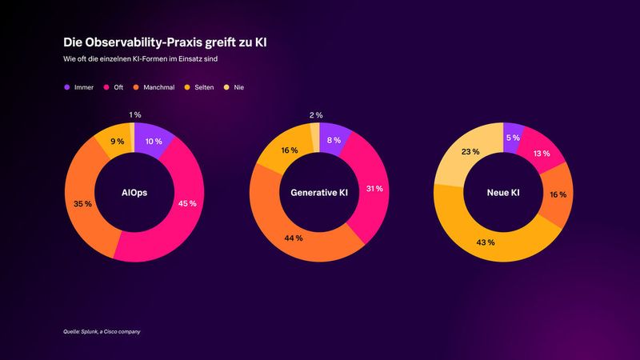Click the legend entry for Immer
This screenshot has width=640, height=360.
tap(78, 86)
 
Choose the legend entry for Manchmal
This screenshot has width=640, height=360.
tap(154, 86)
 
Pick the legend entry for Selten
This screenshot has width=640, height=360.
tap(200, 86)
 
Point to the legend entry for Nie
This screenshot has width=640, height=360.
tap(235, 86)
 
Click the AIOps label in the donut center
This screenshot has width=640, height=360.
tap(134, 192)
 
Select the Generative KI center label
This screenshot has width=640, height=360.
tap(318, 192)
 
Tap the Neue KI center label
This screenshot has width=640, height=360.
tap(502, 192)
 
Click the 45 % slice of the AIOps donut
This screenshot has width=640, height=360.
tap(187, 203)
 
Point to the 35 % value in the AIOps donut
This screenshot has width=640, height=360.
tap(82, 203)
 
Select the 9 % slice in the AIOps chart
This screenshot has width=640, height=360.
tap(117, 142)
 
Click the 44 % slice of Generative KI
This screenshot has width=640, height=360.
tap(294, 238)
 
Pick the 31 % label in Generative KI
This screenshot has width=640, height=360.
tap(374, 189)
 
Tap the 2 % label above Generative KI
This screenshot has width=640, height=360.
tap(317, 115)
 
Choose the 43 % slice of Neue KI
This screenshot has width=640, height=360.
tap(486, 242)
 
